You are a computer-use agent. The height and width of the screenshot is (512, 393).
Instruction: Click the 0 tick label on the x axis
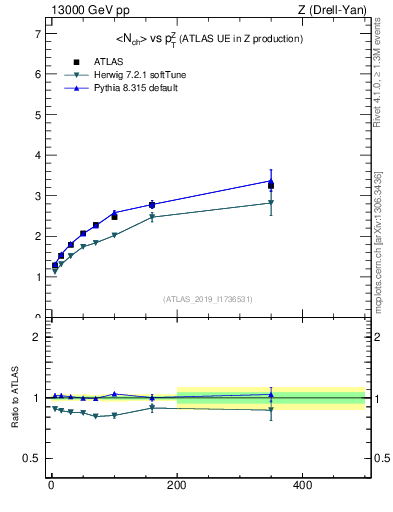(x=51, y=485)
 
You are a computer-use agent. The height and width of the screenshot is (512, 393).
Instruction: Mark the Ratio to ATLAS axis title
(x=13, y=397)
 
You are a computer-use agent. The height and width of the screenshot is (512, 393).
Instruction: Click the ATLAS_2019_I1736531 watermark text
(x=207, y=299)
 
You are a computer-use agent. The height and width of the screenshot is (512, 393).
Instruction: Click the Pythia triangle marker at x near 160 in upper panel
(x=152, y=204)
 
